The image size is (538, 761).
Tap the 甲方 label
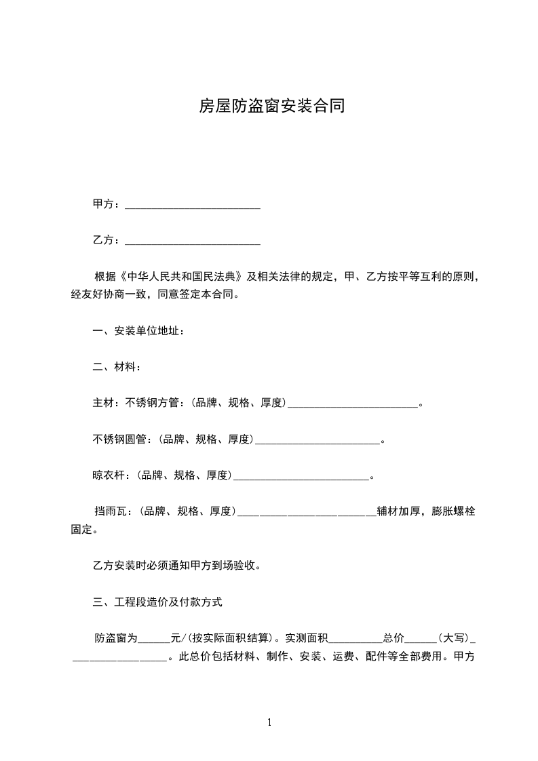[x=104, y=204]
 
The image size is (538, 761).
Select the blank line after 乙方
[x=193, y=241]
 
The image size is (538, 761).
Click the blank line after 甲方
[x=193, y=206]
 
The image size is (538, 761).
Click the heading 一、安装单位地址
[x=138, y=332]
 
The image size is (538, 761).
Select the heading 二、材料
[x=117, y=368]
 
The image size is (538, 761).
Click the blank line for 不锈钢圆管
[x=316, y=441]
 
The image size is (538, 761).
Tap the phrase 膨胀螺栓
[x=453, y=511]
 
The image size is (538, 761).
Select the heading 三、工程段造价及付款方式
[x=157, y=602]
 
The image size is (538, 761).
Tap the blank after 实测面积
[x=356, y=639]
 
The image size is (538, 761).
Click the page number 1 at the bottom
[x=269, y=723]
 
